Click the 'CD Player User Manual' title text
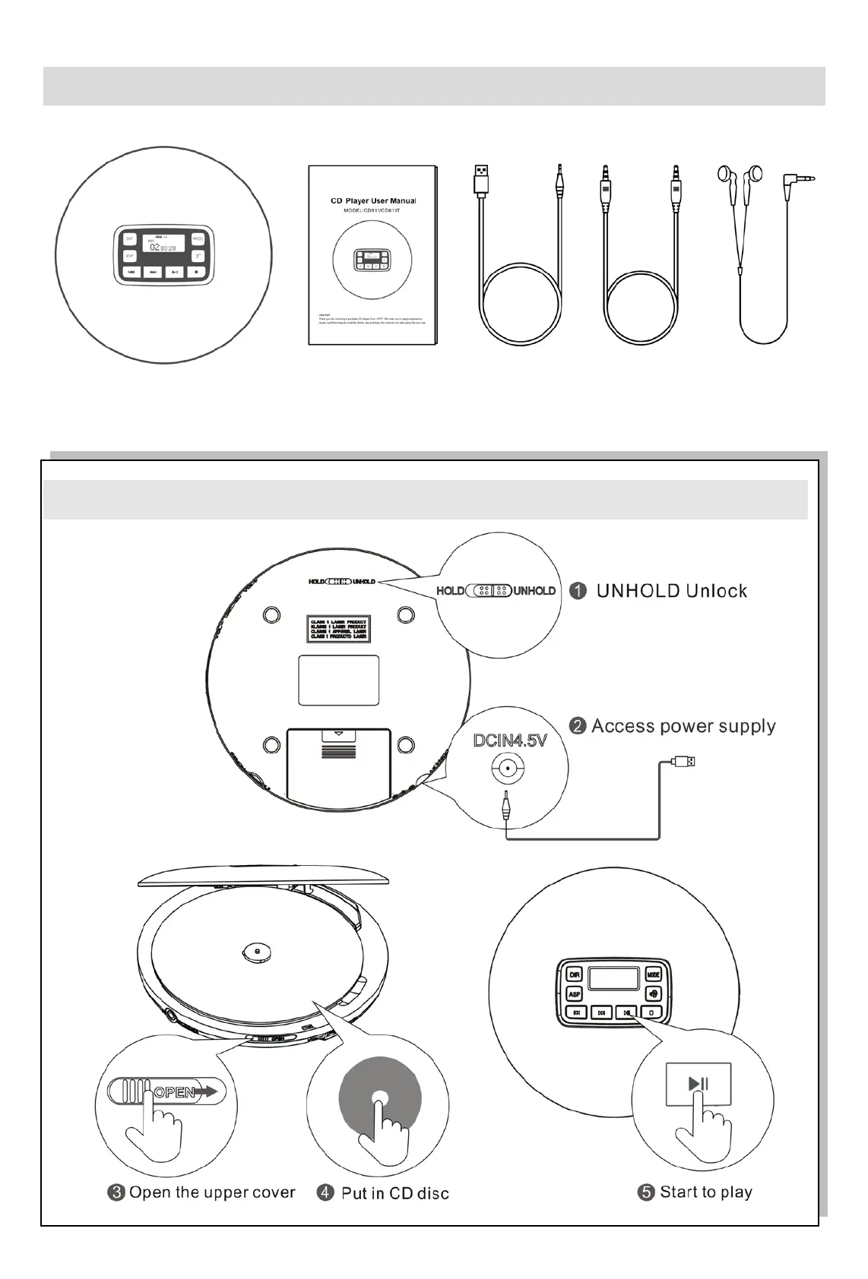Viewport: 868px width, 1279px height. pos(372,201)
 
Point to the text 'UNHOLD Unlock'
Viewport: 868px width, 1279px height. pos(671,591)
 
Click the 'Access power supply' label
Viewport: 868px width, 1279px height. pos(683,726)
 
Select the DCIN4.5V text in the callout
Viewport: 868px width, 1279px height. pos(510,740)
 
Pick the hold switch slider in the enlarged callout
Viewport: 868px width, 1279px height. pos(490,591)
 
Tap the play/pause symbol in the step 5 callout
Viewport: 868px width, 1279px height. pos(698,1084)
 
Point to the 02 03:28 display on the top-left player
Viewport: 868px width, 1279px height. pos(163,248)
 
